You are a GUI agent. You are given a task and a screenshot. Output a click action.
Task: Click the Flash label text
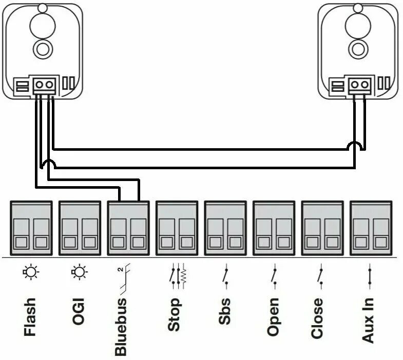30,316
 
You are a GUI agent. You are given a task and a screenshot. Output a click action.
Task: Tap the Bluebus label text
121,326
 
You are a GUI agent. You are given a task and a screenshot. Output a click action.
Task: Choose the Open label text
273,316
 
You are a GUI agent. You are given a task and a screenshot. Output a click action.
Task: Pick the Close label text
317,317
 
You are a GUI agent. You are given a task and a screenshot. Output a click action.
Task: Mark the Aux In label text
368,319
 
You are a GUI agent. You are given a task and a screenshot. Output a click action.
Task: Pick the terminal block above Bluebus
128,226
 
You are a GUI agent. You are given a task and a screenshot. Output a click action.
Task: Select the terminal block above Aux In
370,226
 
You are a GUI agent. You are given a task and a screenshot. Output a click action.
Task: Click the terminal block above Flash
31,226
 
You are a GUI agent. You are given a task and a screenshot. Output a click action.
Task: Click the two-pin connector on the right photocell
360,85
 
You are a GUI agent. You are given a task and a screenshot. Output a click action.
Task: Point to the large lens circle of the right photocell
357,24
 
